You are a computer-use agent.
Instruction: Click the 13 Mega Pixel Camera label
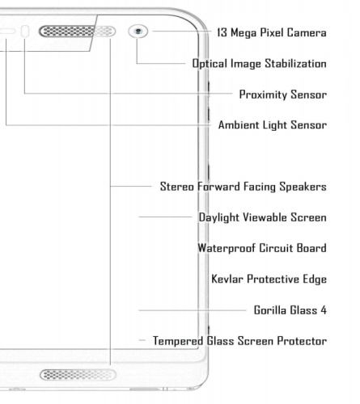coord(272,32)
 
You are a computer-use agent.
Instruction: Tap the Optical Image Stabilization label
coord(259,64)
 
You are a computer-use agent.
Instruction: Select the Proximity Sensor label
coord(283,95)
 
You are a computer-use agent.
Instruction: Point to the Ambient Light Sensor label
coord(273,125)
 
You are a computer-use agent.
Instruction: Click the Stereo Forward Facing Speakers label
coord(244,187)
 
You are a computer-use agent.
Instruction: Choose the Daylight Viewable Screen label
coord(263,217)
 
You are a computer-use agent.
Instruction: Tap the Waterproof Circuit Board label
coord(262,248)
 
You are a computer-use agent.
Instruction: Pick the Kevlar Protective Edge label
coord(269,279)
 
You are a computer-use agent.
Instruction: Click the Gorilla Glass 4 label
coord(290,310)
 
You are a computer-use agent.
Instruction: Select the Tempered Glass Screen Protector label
coord(239,341)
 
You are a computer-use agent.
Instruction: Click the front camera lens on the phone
coord(138,32)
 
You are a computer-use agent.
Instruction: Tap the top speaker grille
coord(77,32)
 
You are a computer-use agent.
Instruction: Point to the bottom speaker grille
coord(78,375)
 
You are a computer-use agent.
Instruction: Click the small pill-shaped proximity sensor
coord(25,32)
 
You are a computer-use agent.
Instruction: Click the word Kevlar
coord(227,279)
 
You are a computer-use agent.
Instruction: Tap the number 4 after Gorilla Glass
coord(324,310)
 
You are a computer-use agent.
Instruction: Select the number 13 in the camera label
coord(222,32)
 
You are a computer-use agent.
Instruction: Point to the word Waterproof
coord(227,248)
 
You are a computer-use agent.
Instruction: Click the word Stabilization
coord(295,64)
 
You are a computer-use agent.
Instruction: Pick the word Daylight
coord(218,217)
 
